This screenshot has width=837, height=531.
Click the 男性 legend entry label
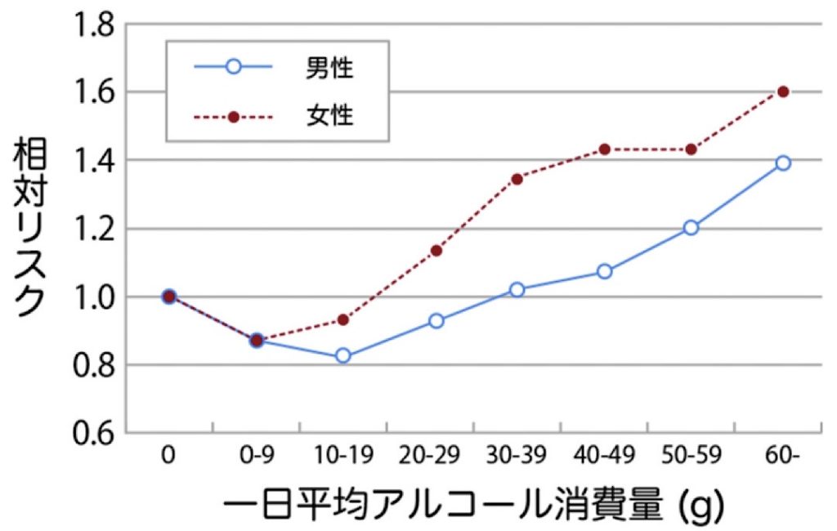329,69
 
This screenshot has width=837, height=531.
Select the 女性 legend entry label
329,116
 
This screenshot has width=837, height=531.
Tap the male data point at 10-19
343,355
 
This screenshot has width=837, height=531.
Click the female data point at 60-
783,91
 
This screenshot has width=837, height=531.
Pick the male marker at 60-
783,163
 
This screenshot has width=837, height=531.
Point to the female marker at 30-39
517,178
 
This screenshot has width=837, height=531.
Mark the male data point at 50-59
691,227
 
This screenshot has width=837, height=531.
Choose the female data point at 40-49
604,149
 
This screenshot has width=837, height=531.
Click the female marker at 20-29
436,250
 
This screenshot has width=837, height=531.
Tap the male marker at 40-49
604,271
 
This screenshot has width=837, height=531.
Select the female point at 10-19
343,319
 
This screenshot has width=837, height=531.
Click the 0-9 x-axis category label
256,455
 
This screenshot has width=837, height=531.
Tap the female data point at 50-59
691,149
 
